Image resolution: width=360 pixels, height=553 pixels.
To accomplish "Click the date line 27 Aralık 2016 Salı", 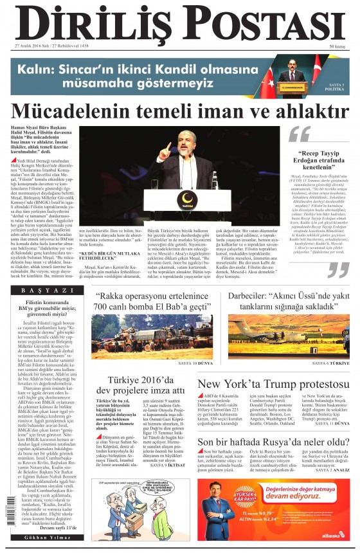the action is click(51, 47).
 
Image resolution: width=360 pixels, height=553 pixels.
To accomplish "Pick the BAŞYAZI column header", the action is click(44, 291).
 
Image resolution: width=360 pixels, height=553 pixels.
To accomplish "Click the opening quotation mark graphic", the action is click(299, 133).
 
